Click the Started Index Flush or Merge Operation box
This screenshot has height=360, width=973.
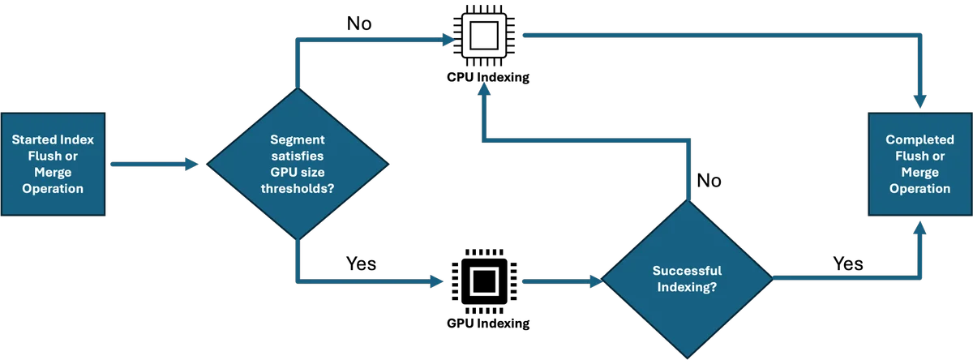click(53, 164)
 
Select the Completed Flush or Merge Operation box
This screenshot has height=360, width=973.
click(920, 164)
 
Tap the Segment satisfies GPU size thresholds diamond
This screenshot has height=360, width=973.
click(298, 164)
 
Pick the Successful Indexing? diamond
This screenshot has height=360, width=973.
click(688, 279)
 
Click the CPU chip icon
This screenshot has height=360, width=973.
click(484, 36)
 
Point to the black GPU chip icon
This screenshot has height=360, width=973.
click(484, 281)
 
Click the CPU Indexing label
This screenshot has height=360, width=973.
click(488, 77)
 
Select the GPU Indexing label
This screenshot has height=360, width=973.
click(488, 324)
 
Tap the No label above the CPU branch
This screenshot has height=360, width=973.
click(359, 24)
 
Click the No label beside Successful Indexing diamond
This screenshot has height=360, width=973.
click(709, 181)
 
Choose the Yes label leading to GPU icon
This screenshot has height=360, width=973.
click(361, 264)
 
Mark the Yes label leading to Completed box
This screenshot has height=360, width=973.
click(848, 264)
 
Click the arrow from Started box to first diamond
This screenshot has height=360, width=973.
click(155, 164)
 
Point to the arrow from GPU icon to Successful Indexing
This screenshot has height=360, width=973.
click(563, 281)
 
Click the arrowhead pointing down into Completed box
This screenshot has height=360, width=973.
click(920, 101)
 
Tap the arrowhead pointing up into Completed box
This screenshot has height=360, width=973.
click(920, 228)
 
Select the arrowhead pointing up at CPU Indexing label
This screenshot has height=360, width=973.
click(484, 89)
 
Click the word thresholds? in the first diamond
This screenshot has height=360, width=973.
click(298, 189)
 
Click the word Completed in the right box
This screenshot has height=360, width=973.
click(920, 139)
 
